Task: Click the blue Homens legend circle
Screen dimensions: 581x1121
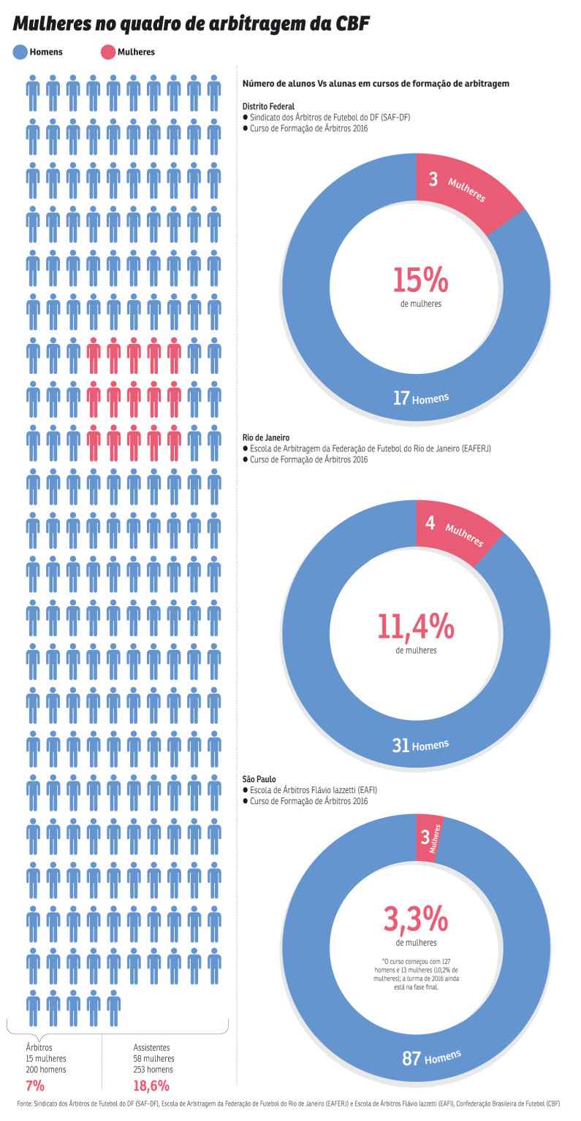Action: (x=20, y=52)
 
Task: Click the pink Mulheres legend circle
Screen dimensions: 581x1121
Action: (x=107, y=52)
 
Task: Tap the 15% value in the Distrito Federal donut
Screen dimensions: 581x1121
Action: (x=420, y=280)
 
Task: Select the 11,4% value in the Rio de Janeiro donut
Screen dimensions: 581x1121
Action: (x=416, y=627)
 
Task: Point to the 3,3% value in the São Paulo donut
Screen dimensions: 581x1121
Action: (x=416, y=919)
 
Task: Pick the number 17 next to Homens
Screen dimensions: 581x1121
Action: (x=401, y=398)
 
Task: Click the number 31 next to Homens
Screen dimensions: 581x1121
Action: (x=400, y=746)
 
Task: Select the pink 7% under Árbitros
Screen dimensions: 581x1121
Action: (x=35, y=1085)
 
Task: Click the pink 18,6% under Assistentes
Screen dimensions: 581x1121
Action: (x=151, y=1085)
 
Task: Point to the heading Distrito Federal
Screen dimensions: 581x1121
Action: (x=268, y=106)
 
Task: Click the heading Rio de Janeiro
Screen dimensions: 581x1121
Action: (x=266, y=437)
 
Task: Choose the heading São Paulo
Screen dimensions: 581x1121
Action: (x=259, y=779)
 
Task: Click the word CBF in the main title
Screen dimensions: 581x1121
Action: (x=352, y=23)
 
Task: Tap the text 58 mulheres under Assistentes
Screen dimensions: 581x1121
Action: (x=153, y=1058)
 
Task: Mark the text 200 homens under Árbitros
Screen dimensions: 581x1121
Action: (x=46, y=1069)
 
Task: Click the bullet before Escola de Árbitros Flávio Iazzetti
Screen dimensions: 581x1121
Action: (x=246, y=790)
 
